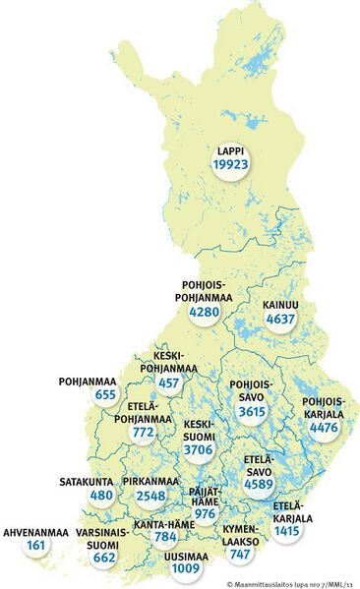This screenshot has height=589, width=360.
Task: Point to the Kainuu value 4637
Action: tap(279, 319)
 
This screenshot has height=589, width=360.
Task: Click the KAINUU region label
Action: tap(280, 304)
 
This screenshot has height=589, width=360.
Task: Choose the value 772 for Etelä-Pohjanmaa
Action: tap(144, 431)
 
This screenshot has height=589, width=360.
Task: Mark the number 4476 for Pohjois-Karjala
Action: tap(323, 426)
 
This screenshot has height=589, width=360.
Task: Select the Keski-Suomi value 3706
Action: tap(201, 449)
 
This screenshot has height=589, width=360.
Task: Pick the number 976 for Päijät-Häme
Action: tap(205, 513)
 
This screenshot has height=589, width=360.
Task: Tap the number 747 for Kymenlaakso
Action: tap(240, 555)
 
